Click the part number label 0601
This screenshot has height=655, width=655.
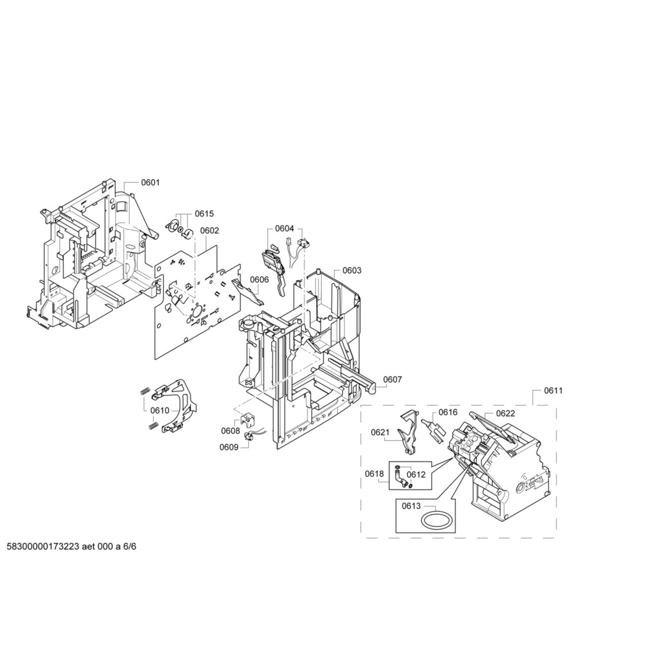click(150, 183)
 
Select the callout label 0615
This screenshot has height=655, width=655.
click(205, 214)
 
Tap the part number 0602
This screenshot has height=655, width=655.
click(209, 231)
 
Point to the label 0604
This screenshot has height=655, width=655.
click(285, 228)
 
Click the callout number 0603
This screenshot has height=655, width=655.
click(352, 271)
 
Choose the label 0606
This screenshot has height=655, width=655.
click(259, 280)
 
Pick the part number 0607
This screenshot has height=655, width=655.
click(393, 379)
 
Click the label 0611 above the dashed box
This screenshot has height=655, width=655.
click(553, 390)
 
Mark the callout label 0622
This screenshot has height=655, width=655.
click(505, 413)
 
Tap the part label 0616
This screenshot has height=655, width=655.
click(448, 413)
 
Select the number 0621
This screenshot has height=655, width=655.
click(380, 433)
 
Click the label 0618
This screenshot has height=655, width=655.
click(374, 473)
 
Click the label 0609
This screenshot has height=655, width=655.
click(229, 447)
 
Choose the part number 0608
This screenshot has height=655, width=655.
click(230, 431)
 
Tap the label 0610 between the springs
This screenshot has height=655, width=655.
click(160, 410)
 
